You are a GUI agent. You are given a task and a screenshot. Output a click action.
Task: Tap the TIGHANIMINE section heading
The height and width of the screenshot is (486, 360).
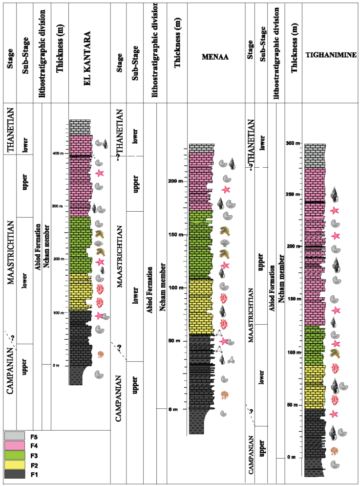(x=331, y=55)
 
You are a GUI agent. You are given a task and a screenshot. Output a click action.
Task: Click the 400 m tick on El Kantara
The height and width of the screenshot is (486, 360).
(x=66, y=154)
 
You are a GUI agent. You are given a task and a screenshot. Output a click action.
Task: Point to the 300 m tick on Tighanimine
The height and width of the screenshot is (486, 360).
(x=301, y=143)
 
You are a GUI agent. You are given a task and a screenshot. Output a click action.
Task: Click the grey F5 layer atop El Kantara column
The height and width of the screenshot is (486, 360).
(x=80, y=127)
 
